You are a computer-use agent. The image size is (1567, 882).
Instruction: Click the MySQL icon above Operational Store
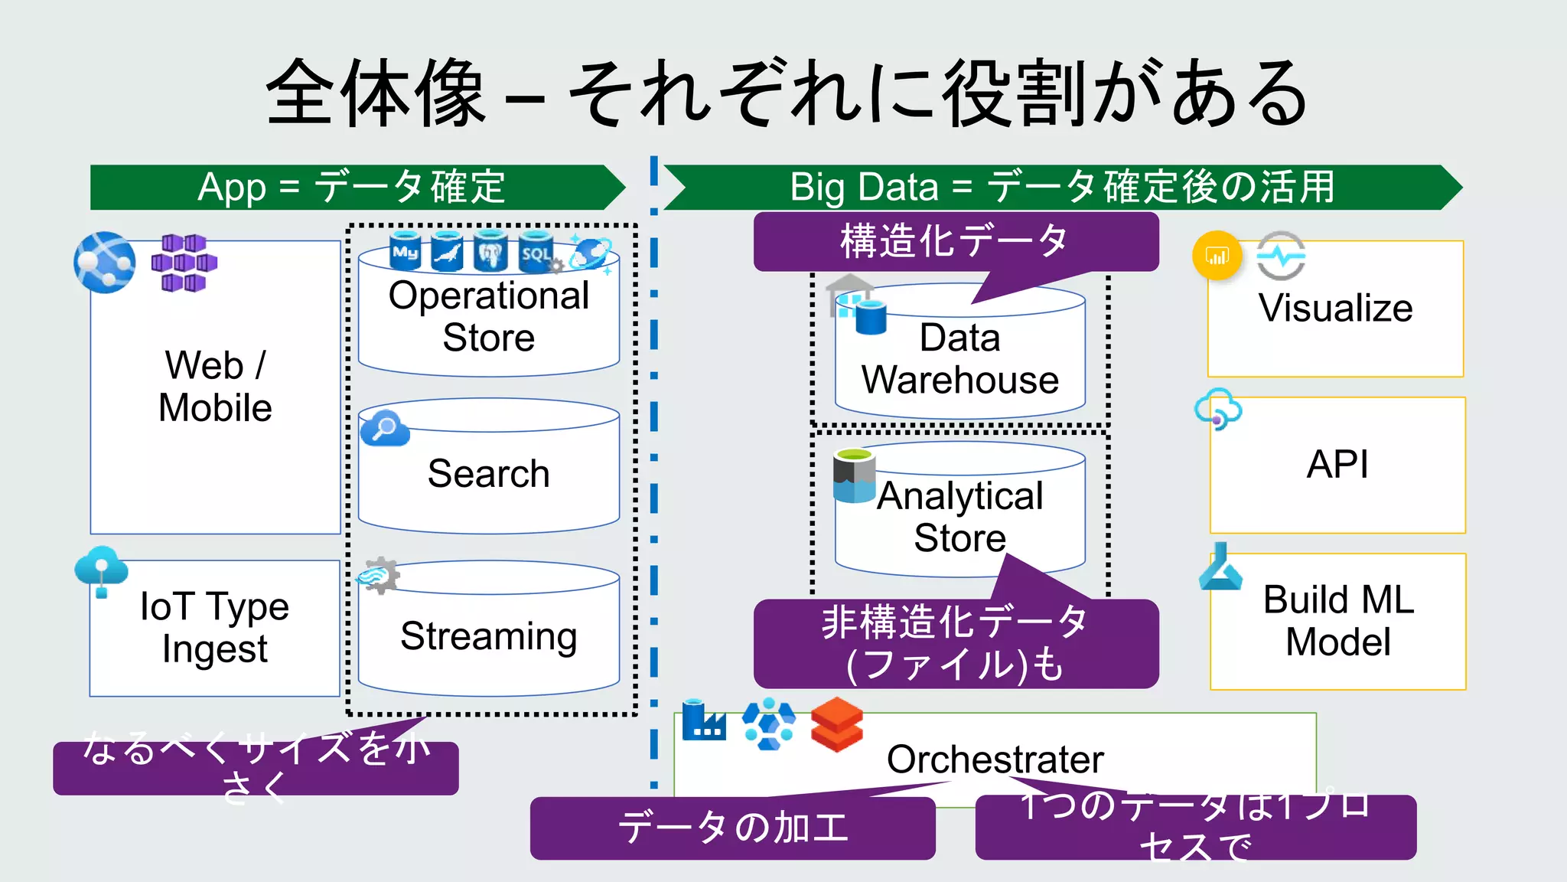click(x=406, y=250)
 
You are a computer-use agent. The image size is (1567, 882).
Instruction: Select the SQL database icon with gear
click(x=537, y=252)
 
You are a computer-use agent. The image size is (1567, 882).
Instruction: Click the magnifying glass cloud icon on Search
click(x=384, y=429)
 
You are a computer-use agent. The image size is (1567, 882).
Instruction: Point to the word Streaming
click(x=488, y=635)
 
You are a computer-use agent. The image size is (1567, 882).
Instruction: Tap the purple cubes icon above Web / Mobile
click(x=184, y=263)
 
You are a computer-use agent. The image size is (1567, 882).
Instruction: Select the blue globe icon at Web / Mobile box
click(x=105, y=263)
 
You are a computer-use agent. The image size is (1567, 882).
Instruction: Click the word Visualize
click(x=1335, y=308)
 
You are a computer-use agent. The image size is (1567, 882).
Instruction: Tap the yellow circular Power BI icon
click(x=1217, y=256)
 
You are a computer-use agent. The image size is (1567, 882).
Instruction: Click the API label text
click(x=1337, y=464)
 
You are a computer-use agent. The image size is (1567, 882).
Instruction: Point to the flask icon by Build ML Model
click(x=1220, y=568)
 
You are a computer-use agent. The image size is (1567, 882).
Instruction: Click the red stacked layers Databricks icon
click(x=836, y=724)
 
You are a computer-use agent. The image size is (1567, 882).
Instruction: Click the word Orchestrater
click(x=995, y=759)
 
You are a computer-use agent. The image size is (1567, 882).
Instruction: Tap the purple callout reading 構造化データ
click(x=955, y=242)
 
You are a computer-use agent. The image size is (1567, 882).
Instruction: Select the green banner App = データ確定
click(x=352, y=188)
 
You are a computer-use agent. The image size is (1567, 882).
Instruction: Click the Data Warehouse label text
click(x=959, y=358)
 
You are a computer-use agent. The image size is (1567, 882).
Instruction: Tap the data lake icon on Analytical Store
click(x=854, y=475)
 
